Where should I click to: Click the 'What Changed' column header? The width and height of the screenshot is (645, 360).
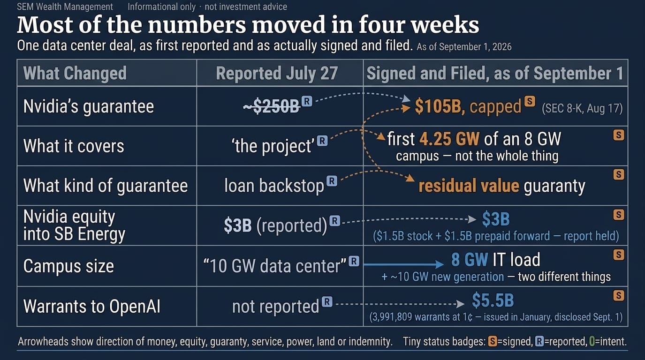pyautogui.click(x=75, y=73)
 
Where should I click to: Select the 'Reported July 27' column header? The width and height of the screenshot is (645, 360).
pyautogui.click(x=277, y=73)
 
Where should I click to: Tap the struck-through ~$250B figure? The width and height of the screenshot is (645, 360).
pyautogui.click(x=271, y=107)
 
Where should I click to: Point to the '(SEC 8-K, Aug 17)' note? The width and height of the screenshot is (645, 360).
pyautogui.click(x=582, y=108)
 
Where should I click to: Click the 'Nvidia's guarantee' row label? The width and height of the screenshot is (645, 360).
pyautogui.click(x=89, y=107)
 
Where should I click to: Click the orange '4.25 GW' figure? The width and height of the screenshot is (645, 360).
pyautogui.click(x=449, y=139)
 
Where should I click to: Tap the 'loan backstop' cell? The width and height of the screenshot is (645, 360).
pyautogui.click(x=274, y=186)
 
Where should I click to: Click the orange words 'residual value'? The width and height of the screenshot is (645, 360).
pyautogui.click(x=469, y=186)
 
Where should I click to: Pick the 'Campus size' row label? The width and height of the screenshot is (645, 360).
pyautogui.click(x=68, y=266)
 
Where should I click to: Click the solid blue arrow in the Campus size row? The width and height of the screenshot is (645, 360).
pyautogui.click(x=404, y=264)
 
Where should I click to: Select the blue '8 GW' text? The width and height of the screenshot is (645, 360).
pyautogui.click(x=470, y=260)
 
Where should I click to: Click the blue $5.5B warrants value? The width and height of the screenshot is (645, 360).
pyautogui.click(x=493, y=300)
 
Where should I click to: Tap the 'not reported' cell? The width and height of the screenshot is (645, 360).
pyautogui.click(x=275, y=307)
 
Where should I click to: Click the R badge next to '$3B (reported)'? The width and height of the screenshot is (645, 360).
pyautogui.click(x=334, y=221)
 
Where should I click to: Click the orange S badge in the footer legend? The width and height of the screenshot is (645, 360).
pyautogui.click(x=493, y=342)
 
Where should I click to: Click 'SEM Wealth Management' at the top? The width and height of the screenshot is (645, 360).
pyautogui.click(x=65, y=7)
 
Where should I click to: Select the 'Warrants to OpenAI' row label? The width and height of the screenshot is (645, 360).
pyautogui.click(x=91, y=306)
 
